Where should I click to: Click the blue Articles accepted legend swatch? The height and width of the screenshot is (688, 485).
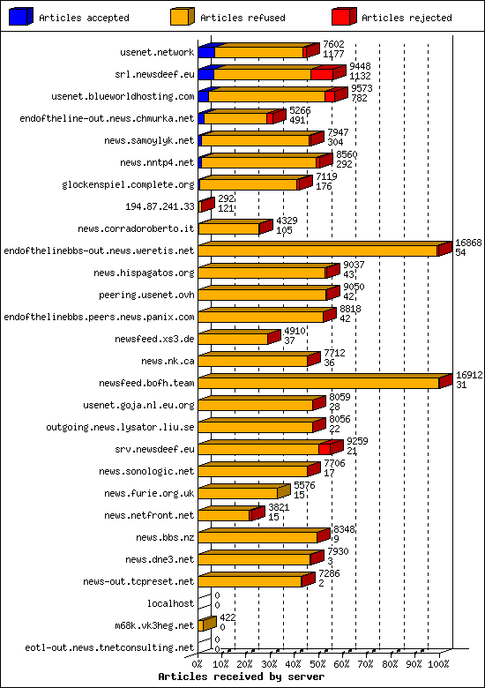(21, 16)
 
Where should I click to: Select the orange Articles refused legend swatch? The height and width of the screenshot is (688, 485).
(183, 16)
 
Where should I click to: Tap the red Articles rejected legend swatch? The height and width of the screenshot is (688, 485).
(344, 16)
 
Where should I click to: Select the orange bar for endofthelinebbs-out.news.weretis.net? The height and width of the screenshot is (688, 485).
(317, 251)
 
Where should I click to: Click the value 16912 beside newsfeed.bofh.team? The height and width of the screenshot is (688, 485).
(469, 375)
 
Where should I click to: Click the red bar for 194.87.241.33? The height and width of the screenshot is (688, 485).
(206, 206)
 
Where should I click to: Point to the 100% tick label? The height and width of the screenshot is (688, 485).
(438, 662)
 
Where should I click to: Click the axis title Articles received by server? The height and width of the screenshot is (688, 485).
(241, 677)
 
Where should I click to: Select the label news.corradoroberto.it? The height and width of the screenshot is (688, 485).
(136, 228)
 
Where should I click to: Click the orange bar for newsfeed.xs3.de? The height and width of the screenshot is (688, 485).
(233, 339)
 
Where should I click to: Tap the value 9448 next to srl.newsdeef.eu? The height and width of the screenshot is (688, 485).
(360, 66)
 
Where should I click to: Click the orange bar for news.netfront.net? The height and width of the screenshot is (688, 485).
(224, 515)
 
